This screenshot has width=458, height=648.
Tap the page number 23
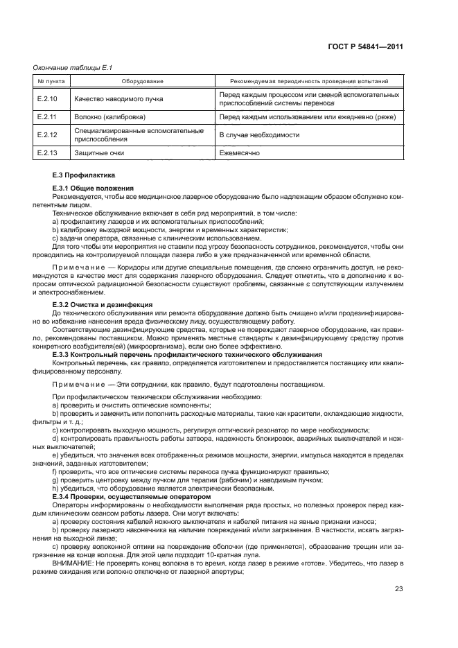(399, 589)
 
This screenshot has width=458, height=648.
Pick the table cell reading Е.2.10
(47, 98)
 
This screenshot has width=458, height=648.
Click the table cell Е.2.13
(47, 152)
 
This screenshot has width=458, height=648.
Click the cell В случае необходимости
(259, 134)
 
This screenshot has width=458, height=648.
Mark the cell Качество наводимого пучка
(118, 98)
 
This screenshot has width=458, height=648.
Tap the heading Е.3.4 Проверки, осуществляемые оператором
(121, 496)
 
